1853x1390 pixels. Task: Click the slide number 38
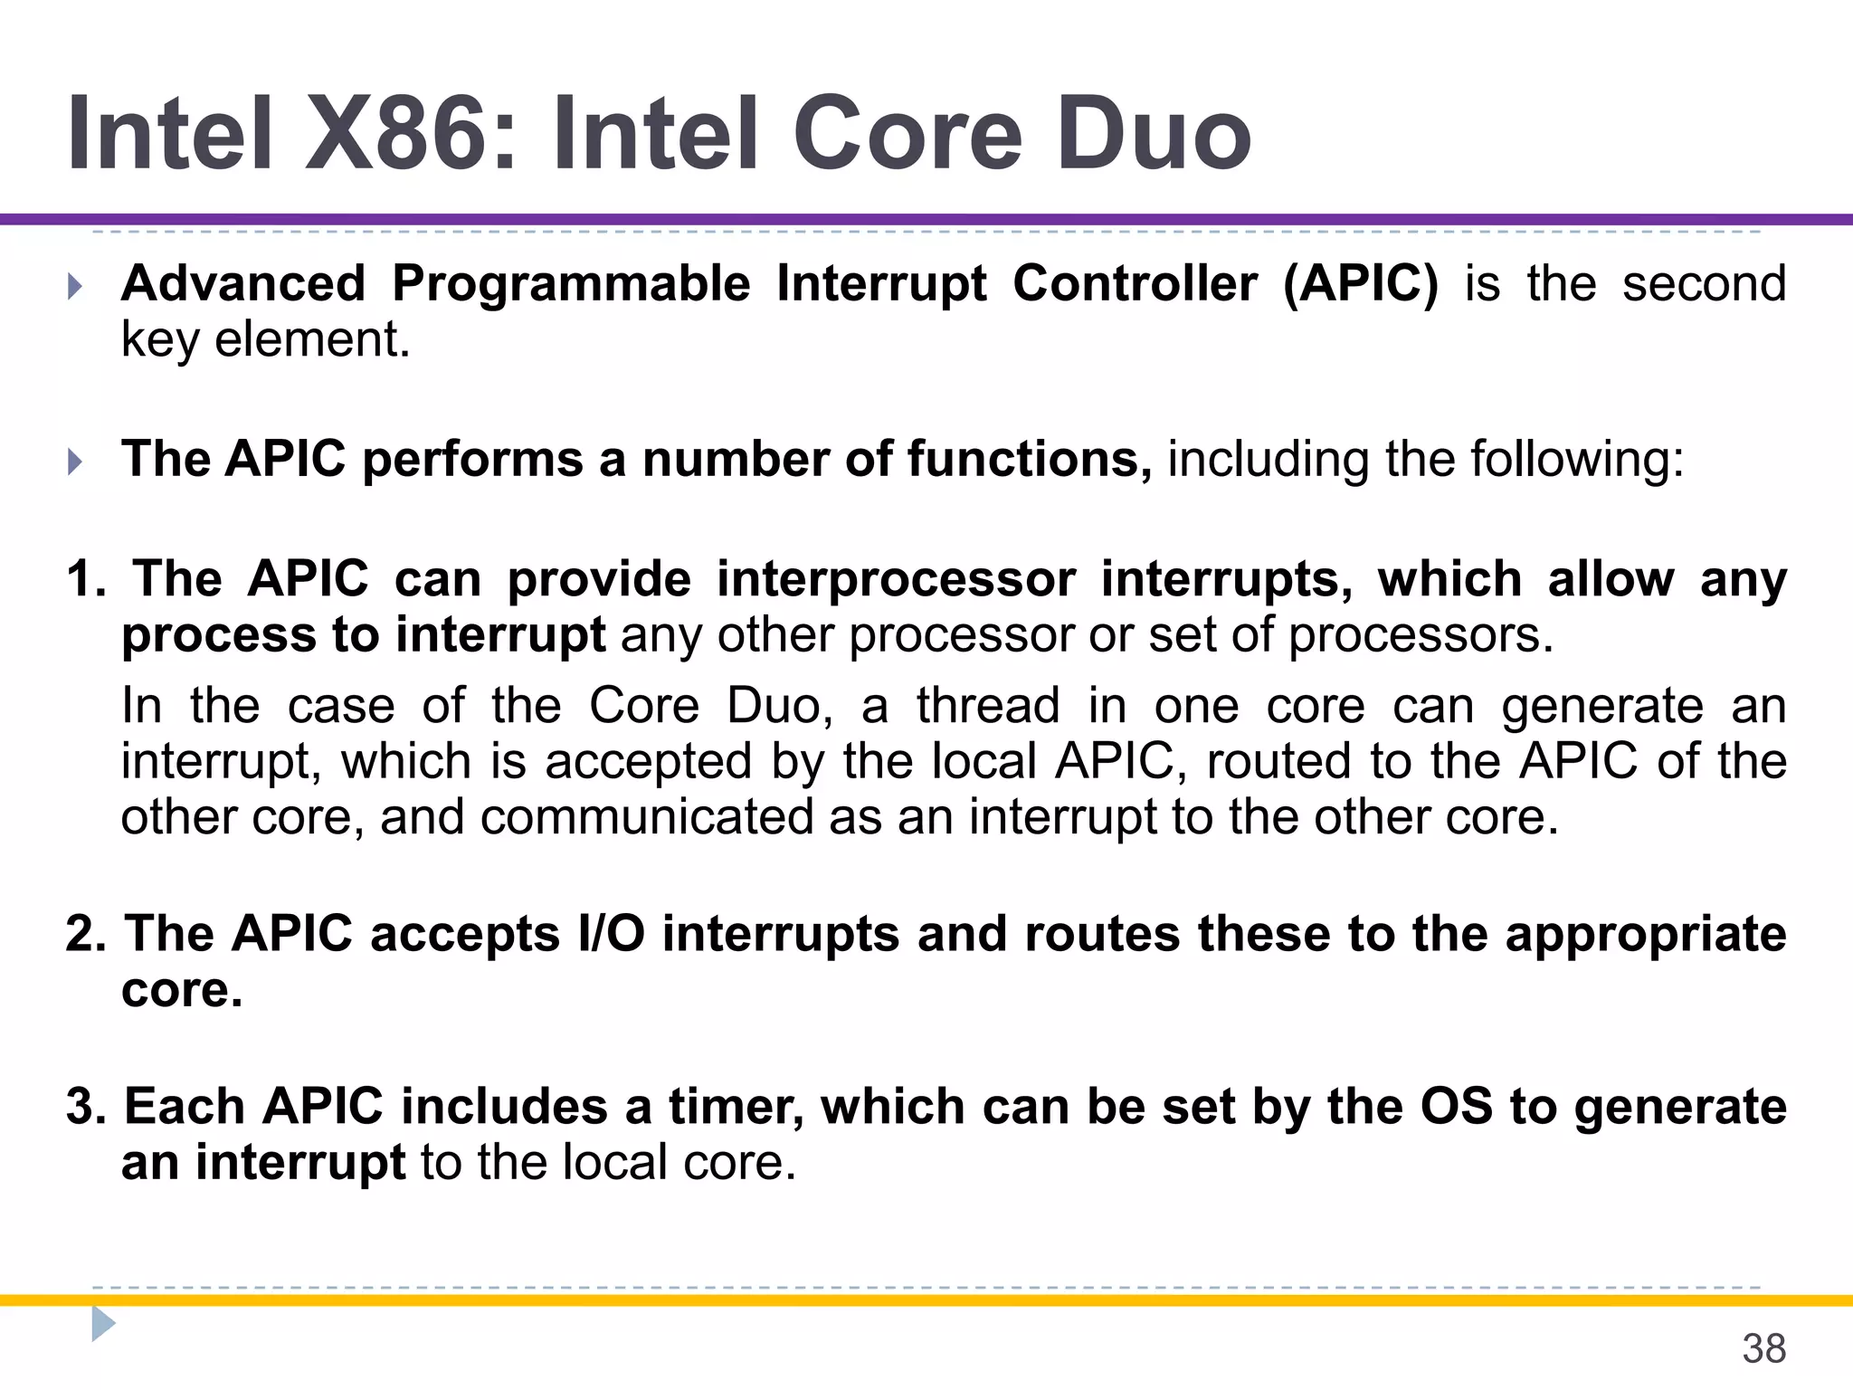(1763, 1349)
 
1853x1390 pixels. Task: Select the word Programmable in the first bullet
(571, 284)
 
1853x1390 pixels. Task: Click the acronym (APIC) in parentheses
(1360, 284)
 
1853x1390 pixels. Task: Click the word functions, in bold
(1030, 459)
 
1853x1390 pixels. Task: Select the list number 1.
(86, 579)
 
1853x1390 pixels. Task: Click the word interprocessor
(897, 580)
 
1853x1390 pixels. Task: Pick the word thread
(987, 706)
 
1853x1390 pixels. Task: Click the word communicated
(646, 817)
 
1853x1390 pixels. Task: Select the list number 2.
(86, 934)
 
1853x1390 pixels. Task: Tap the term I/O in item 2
(611, 934)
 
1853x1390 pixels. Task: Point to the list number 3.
(86, 1107)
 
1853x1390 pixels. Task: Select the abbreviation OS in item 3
(1456, 1107)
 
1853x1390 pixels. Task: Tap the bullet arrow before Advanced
(75, 288)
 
